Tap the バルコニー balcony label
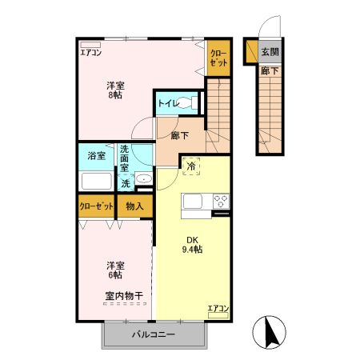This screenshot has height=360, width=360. [152, 334]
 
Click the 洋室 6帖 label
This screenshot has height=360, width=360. [116, 270]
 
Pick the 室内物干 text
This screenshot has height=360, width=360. [123, 296]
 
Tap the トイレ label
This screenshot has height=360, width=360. [167, 103]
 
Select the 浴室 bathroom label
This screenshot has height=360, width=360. [96, 155]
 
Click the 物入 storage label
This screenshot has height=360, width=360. [134, 206]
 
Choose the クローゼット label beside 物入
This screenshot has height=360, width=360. [96, 206]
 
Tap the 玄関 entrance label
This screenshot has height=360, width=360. [270, 52]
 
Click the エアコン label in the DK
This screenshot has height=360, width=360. [218, 309]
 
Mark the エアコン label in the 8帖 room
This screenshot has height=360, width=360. [90, 54]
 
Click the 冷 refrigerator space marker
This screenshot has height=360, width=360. [193, 166]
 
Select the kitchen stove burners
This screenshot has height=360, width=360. [221, 201]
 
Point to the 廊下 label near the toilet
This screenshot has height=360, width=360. [180, 135]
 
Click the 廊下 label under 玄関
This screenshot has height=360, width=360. [269, 70]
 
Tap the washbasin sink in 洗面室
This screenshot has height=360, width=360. [143, 178]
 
